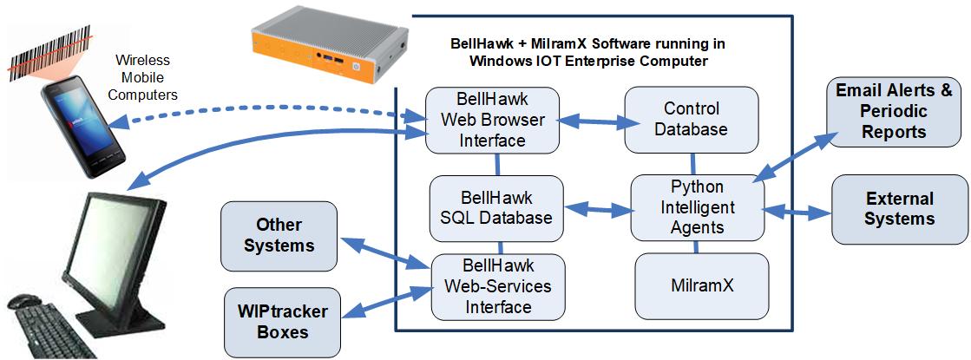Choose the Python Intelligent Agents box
(697, 207)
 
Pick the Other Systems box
(278, 234)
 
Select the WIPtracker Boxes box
(278, 321)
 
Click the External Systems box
(900, 208)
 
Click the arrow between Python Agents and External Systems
(798, 210)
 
